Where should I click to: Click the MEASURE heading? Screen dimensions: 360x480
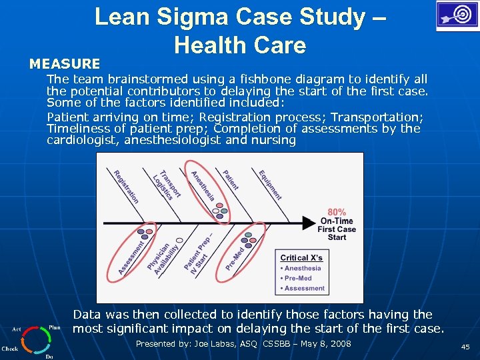[x=65, y=64]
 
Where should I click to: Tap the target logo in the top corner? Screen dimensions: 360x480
[x=457, y=15]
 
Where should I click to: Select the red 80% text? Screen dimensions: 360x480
[x=337, y=212]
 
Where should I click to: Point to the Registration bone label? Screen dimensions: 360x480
[x=126, y=187]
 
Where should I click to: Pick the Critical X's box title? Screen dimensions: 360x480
[x=301, y=257]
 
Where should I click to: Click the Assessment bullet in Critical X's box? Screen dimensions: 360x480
[x=304, y=288]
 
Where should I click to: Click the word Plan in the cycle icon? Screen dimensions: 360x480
[x=55, y=327]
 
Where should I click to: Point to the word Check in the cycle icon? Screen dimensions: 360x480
[x=10, y=349]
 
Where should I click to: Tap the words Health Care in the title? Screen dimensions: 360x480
[x=239, y=45]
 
